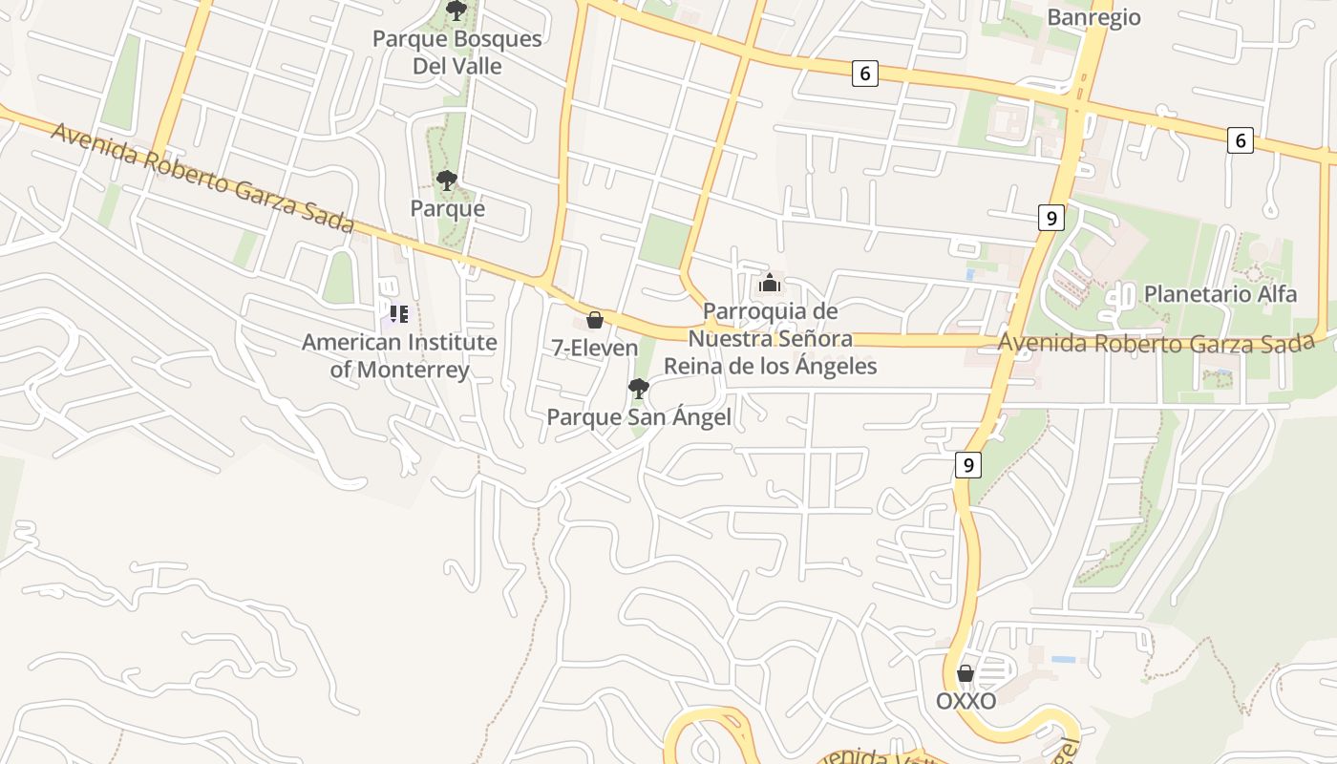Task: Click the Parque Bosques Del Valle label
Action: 456,53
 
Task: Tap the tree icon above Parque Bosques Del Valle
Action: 456,11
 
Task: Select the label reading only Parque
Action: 447,208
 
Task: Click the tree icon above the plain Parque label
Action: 446,180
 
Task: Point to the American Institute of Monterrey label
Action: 399,355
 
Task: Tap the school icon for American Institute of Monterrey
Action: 398,313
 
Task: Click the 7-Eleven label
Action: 595,348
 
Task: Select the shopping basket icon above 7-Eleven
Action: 594,320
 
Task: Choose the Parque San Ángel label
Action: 639,417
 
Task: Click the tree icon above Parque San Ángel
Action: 638,388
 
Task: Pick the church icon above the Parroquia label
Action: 769,284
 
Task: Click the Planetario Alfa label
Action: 1220,293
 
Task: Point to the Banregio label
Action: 1093,17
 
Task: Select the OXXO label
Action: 966,701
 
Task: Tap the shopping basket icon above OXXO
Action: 966,673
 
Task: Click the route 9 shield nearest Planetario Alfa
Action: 1050,218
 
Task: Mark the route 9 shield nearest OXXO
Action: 968,465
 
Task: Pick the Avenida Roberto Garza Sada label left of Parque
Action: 202,178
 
